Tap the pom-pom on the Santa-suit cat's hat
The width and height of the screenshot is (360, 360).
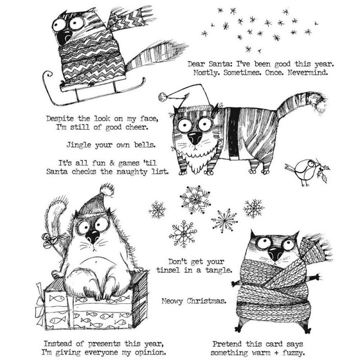163,96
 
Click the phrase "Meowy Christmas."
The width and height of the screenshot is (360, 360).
194,301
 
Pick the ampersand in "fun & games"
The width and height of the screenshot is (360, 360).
112,163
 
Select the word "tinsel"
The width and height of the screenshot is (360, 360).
169,270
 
